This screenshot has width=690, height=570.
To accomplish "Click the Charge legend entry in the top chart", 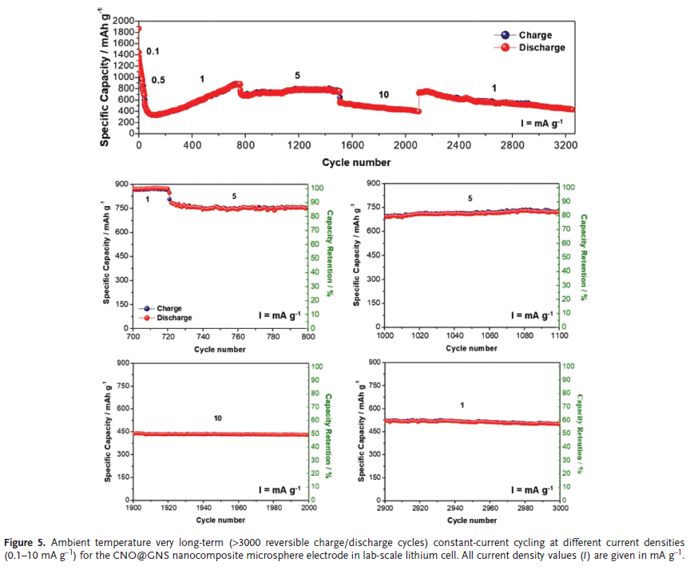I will (535, 35).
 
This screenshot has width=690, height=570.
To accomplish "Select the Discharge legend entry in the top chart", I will (541, 47).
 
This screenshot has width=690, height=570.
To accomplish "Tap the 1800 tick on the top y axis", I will (124, 31).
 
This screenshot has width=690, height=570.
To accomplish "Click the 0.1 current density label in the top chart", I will (153, 52).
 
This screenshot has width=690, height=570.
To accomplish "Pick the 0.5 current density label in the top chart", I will (159, 81).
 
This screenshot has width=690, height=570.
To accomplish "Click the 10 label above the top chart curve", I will (383, 95).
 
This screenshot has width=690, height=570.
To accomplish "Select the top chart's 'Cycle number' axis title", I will (356, 162).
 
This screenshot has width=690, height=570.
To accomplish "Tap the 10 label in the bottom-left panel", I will (217, 418).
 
